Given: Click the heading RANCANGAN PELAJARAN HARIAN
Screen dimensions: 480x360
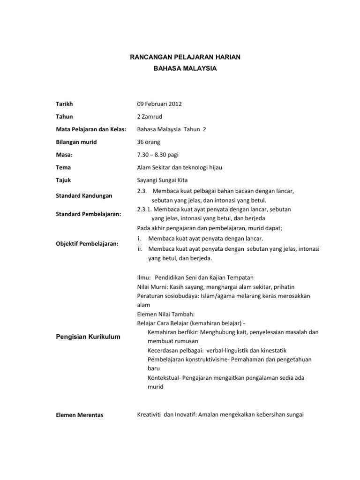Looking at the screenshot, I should pos(185,57).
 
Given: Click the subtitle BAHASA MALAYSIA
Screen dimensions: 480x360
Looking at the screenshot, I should pos(185,68).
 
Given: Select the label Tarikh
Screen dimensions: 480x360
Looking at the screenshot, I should pos(64,104).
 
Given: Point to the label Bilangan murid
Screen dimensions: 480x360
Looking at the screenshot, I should pos(76,142).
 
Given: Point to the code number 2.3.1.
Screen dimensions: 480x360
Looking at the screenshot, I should pos(144,209).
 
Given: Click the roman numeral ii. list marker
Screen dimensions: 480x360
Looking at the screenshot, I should pos(140,249).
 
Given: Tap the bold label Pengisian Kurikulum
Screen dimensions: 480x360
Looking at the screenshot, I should pos(88,337).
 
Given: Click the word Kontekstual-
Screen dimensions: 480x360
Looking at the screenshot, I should pos(164,378).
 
